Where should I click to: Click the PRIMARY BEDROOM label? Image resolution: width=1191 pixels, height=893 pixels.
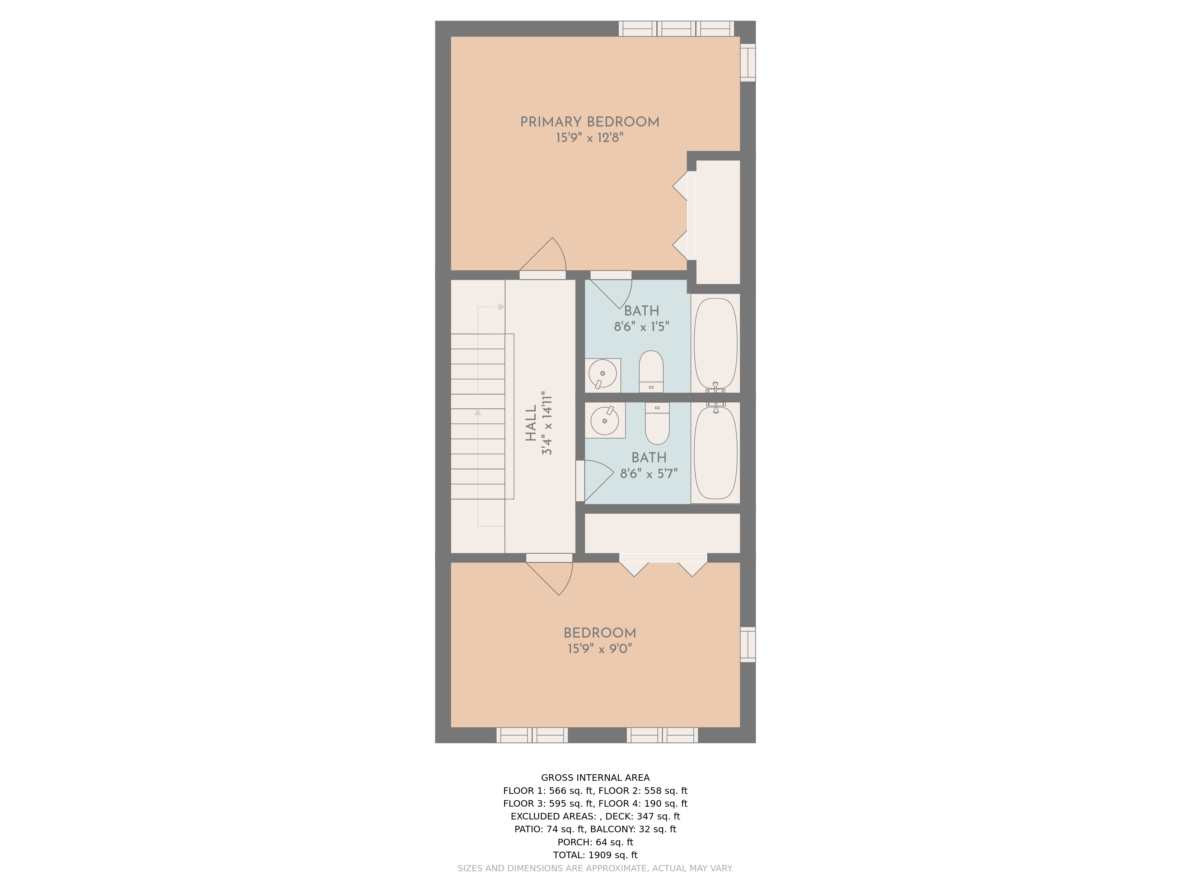pos(590,122)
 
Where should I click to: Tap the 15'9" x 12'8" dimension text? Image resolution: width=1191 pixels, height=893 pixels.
pos(590,138)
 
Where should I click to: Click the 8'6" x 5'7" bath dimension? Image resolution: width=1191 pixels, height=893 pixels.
pos(649,474)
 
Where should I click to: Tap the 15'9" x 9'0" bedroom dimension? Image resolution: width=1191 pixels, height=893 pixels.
pos(600,649)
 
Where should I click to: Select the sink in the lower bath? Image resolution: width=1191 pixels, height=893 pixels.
pos(605,420)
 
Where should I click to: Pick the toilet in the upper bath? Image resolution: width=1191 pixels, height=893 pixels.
pos(651,371)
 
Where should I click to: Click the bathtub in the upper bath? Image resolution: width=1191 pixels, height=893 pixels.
pos(715,344)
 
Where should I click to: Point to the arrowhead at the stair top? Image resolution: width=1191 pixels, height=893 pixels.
pos(501,307)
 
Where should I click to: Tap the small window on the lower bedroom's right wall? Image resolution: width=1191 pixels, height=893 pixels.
pos(748,644)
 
